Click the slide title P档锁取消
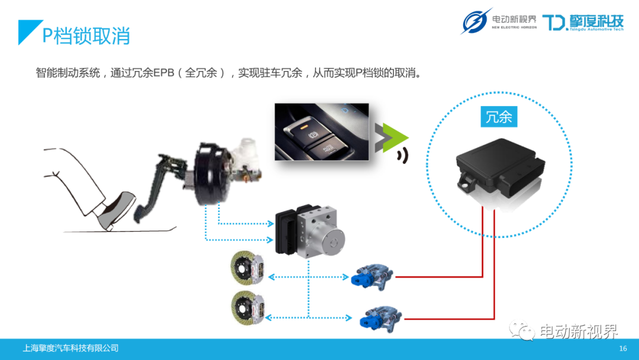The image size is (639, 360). pos(86,35)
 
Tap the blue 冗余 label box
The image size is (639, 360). pos(498,117)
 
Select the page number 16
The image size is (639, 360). pos(622,348)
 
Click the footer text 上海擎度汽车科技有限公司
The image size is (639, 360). pos(70,348)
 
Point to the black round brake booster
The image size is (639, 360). pos(207,175)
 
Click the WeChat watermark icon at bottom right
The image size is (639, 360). pos(523,330)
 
